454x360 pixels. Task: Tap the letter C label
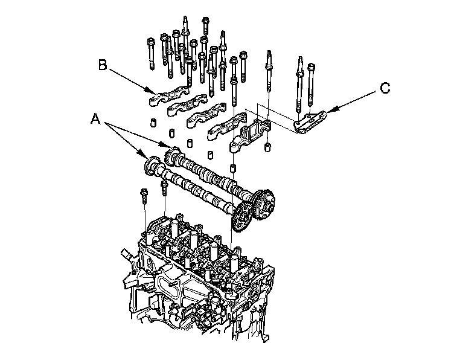(385, 88)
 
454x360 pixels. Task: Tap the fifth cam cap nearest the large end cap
(221, 127)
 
